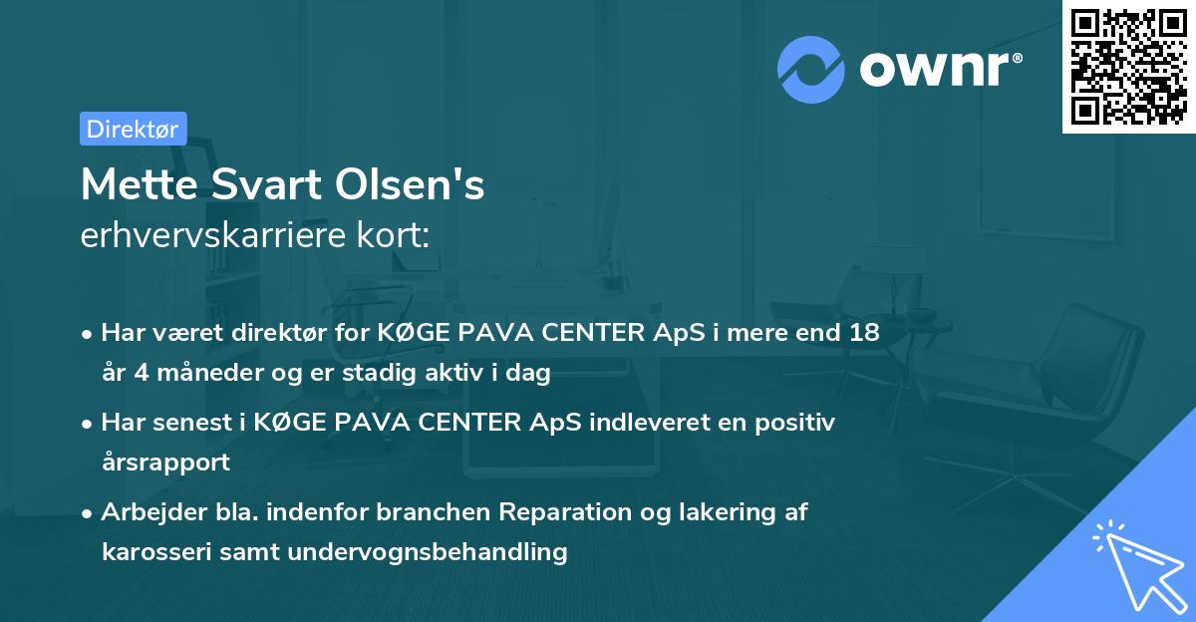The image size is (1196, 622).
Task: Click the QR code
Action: pyautogui.click(x=1128, y=66)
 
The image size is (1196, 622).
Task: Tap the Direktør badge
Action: pyautogui.click(x=133, y=129)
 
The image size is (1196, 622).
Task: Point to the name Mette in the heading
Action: pyautogui.click(x=130, y=185)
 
